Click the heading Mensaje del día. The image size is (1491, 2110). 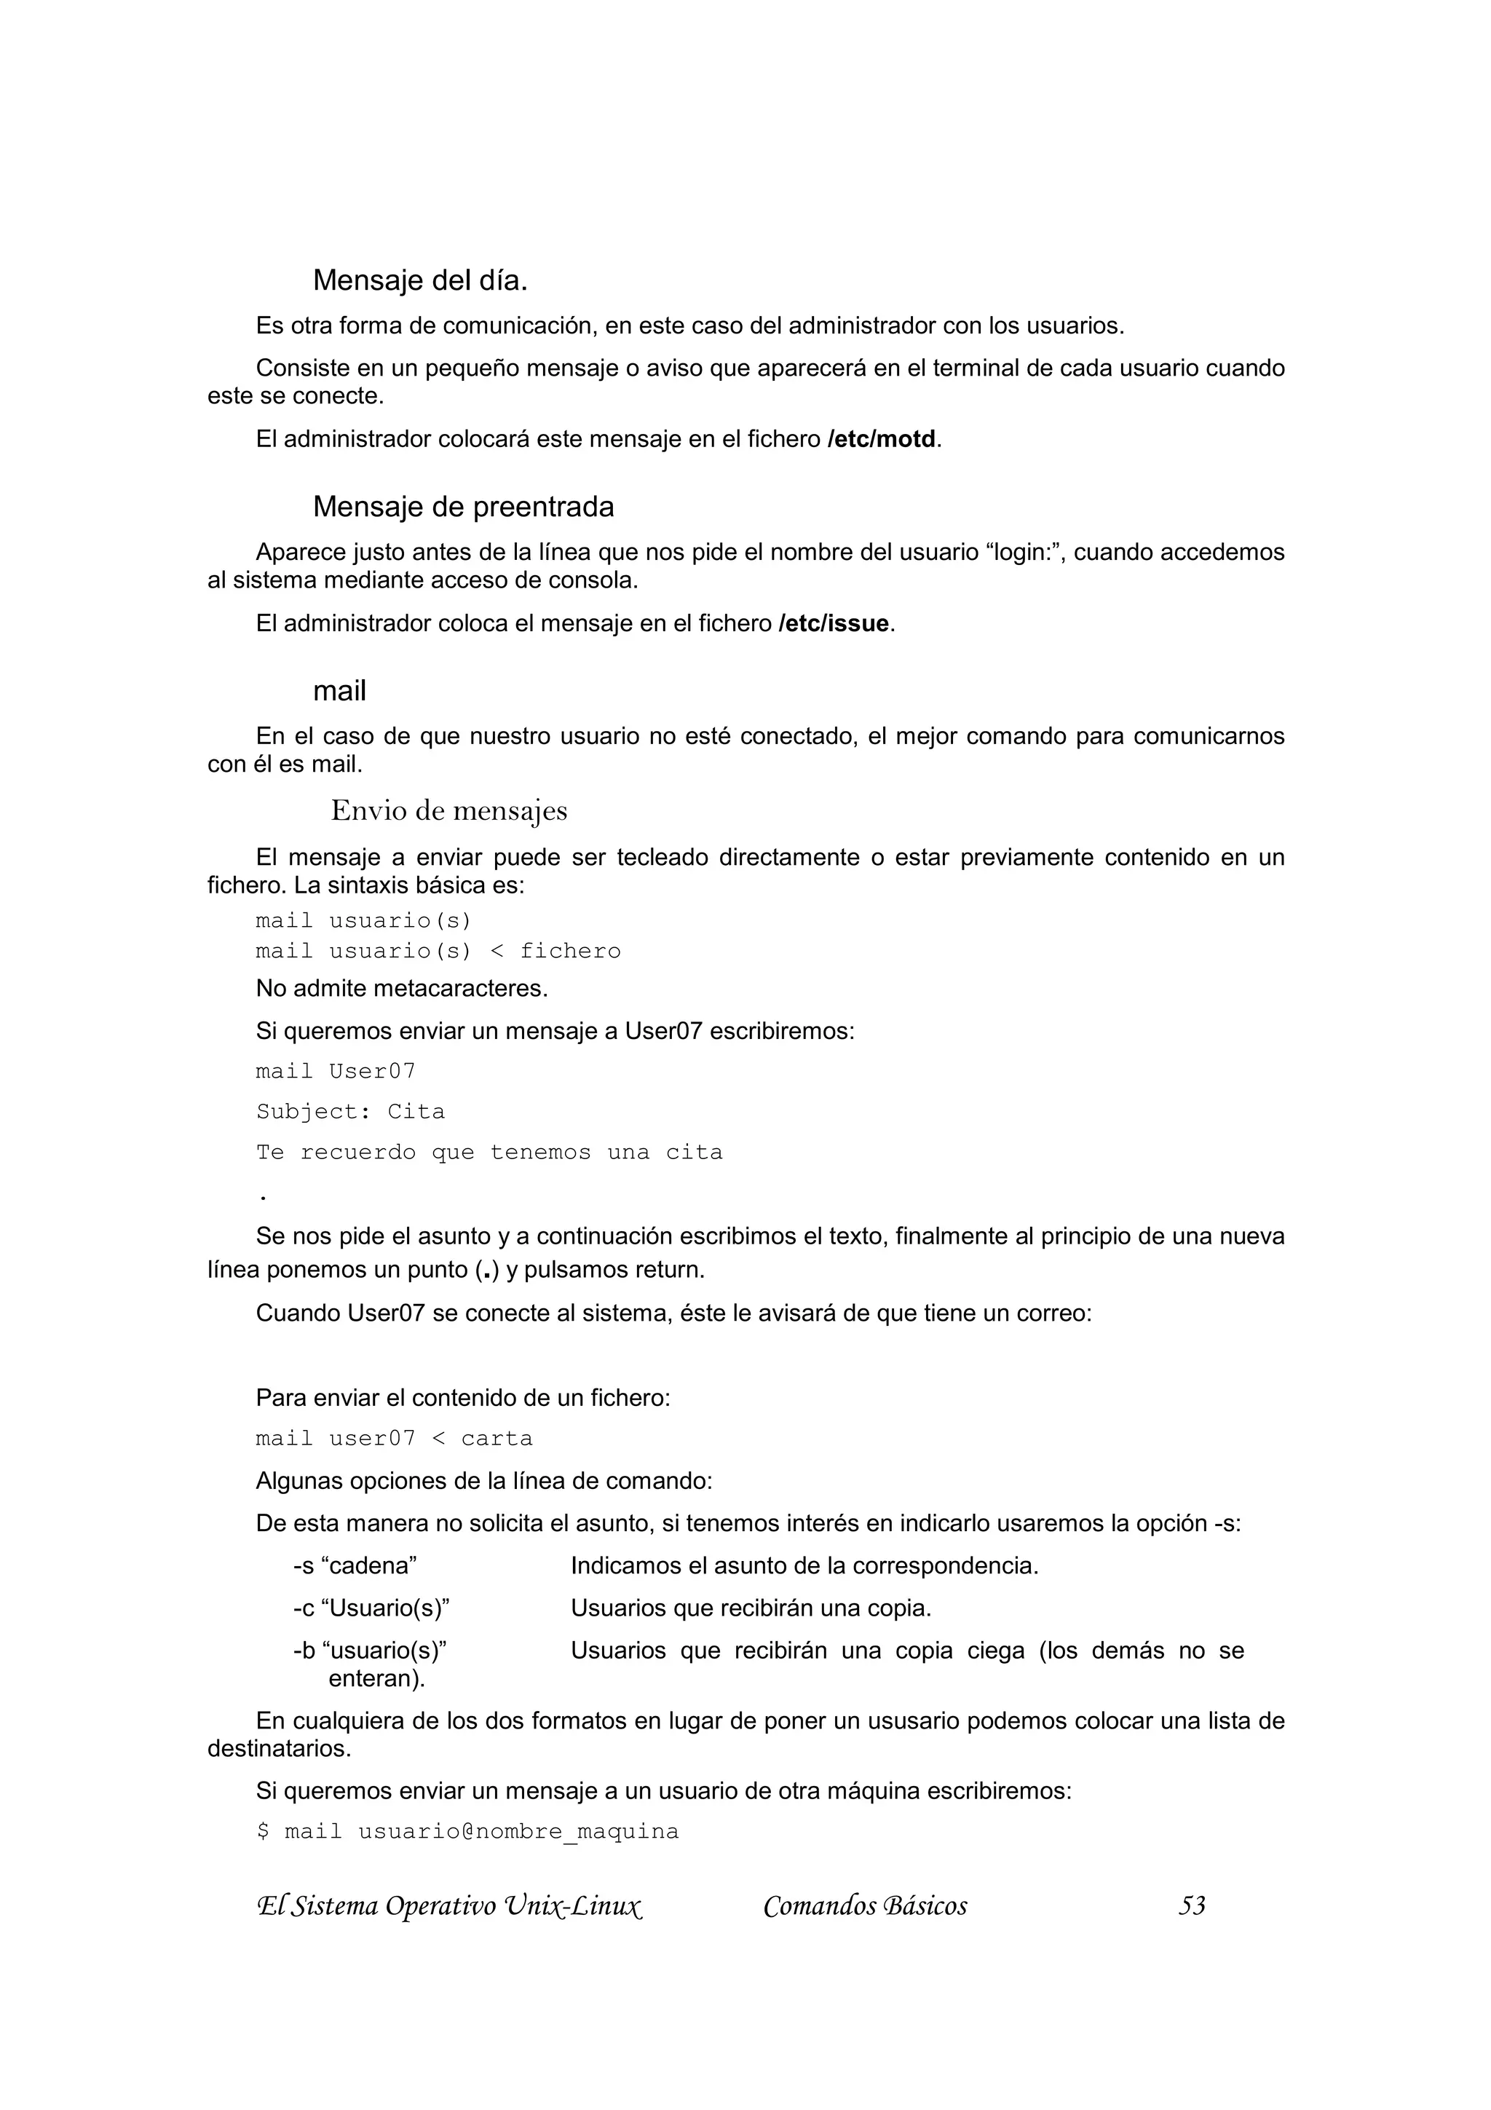(x=420, y=280)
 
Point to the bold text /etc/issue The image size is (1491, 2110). (x=834, y=624)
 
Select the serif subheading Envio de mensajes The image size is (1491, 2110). (x=448, y=810)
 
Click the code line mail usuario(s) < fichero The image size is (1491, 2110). (x=438, y=951)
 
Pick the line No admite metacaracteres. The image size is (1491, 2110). (x=401, y=989)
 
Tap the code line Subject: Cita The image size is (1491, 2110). (x=350, y=1112)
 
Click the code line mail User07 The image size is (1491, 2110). (x=336, y=1072)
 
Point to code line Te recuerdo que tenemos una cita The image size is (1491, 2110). (x=489, y=1153)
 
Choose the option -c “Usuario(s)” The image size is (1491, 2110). (x=371, y=1608)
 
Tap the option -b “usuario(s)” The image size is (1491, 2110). (x=369, y=1651)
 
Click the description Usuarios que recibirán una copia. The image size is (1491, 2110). (x=751, y=1608)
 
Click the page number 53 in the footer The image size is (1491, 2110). (x=1192, y=1906)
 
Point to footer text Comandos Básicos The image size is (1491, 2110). (x=864, y=1906)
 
